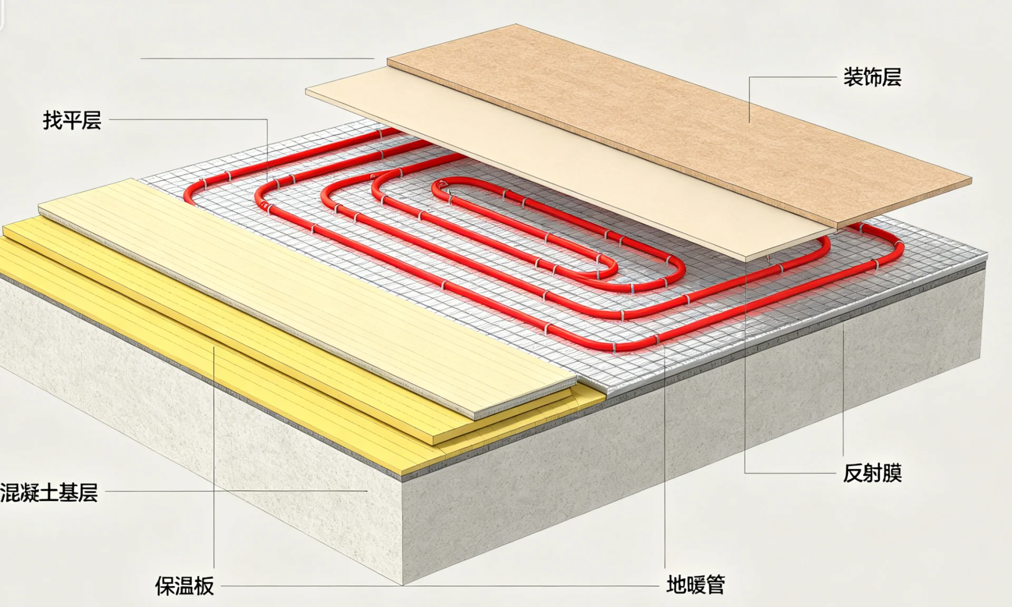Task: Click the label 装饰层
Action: point(872,77)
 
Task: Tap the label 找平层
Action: point(72,121)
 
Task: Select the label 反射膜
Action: point(872,473)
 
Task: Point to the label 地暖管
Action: point(696,585)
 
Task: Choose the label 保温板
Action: point(184,586)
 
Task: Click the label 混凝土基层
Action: point(49,493)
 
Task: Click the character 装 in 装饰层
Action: point(853,77)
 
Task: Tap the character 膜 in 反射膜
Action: point(892,473)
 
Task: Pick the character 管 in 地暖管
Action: point(716,585)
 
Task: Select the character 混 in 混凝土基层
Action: point(9,493)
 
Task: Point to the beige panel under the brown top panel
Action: point(527,158)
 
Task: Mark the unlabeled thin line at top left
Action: point(257,58)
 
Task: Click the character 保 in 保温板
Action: point(164,586)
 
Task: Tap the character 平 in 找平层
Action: point(72,121)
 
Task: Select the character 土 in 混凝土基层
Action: point(49,493)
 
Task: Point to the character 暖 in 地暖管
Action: point(696,585)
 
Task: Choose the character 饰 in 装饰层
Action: point(872,77)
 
